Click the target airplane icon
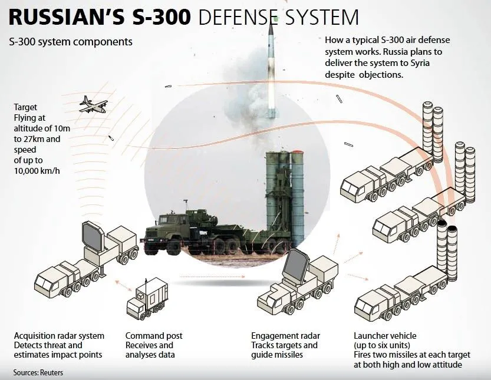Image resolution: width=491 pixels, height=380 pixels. [93, 104]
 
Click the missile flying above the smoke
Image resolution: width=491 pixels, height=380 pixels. [271, 65]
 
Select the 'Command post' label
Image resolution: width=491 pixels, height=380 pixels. [154, 336]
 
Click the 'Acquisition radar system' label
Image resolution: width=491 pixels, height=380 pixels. [59, 336]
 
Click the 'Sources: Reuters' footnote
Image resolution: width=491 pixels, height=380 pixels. [38, 372]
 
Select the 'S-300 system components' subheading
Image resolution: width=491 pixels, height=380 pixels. [71, 42]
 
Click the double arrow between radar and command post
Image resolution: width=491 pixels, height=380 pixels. [124, 286]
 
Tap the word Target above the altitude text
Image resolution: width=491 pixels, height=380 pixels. [26, 107]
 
